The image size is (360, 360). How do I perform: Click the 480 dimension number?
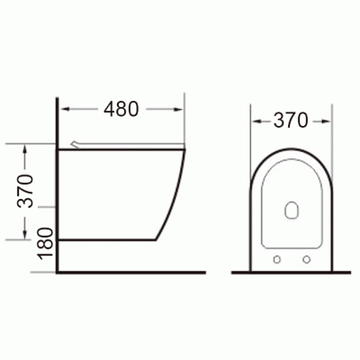point(121,109)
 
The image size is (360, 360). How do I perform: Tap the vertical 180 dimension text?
point(45,243)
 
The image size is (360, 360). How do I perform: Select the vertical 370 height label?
point(25,191)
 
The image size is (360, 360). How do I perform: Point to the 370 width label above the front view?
point(291,121)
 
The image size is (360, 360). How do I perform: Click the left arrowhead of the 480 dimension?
point(65,109)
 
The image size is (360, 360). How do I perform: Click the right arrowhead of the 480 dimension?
point(178,109)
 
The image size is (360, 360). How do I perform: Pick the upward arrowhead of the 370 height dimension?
point(25,149)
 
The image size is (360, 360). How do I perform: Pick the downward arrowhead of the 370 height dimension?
point(25,235)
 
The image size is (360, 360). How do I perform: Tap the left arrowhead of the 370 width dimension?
point(256,121)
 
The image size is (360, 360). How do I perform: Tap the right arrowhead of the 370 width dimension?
point(326,121)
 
